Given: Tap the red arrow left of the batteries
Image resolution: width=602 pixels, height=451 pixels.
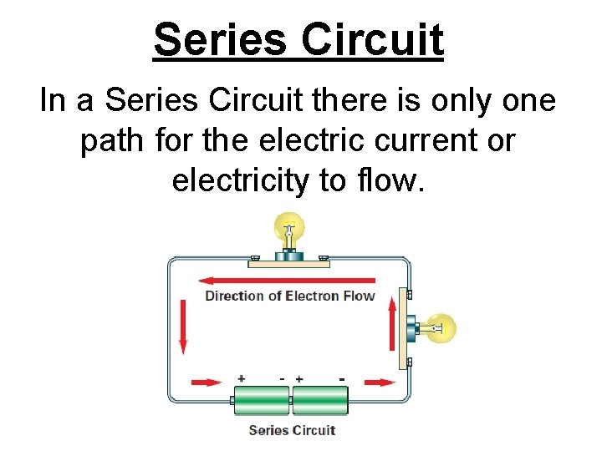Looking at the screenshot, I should pos(207,383).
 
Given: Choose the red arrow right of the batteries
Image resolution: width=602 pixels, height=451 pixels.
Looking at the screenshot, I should pos(380,383).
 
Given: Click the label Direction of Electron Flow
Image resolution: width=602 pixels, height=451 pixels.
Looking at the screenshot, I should pos(290,296).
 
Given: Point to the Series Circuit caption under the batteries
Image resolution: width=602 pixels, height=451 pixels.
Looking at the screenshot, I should pos(292,430).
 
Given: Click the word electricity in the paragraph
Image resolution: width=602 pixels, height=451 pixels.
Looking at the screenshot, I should pos(238,180).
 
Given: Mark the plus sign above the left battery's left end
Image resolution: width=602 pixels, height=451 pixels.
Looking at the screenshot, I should pos(242,378).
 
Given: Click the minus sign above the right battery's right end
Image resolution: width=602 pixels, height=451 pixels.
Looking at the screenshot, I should pos(343,378).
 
